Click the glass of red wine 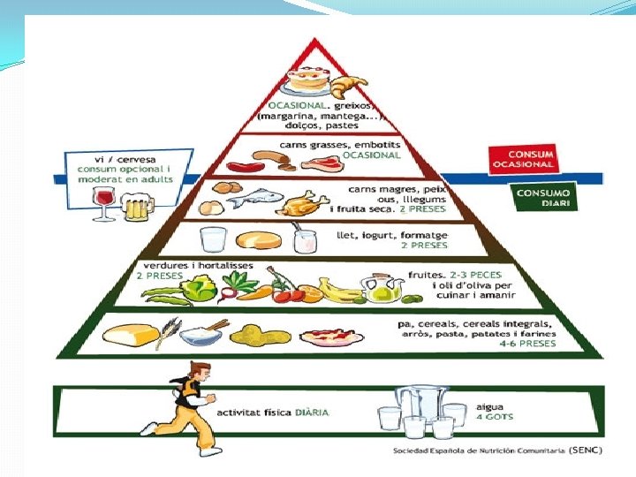(x=103, y=204)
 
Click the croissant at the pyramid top (x=347, y=87)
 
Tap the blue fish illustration (x=257, y=200)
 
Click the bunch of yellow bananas (x=335, y=289)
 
